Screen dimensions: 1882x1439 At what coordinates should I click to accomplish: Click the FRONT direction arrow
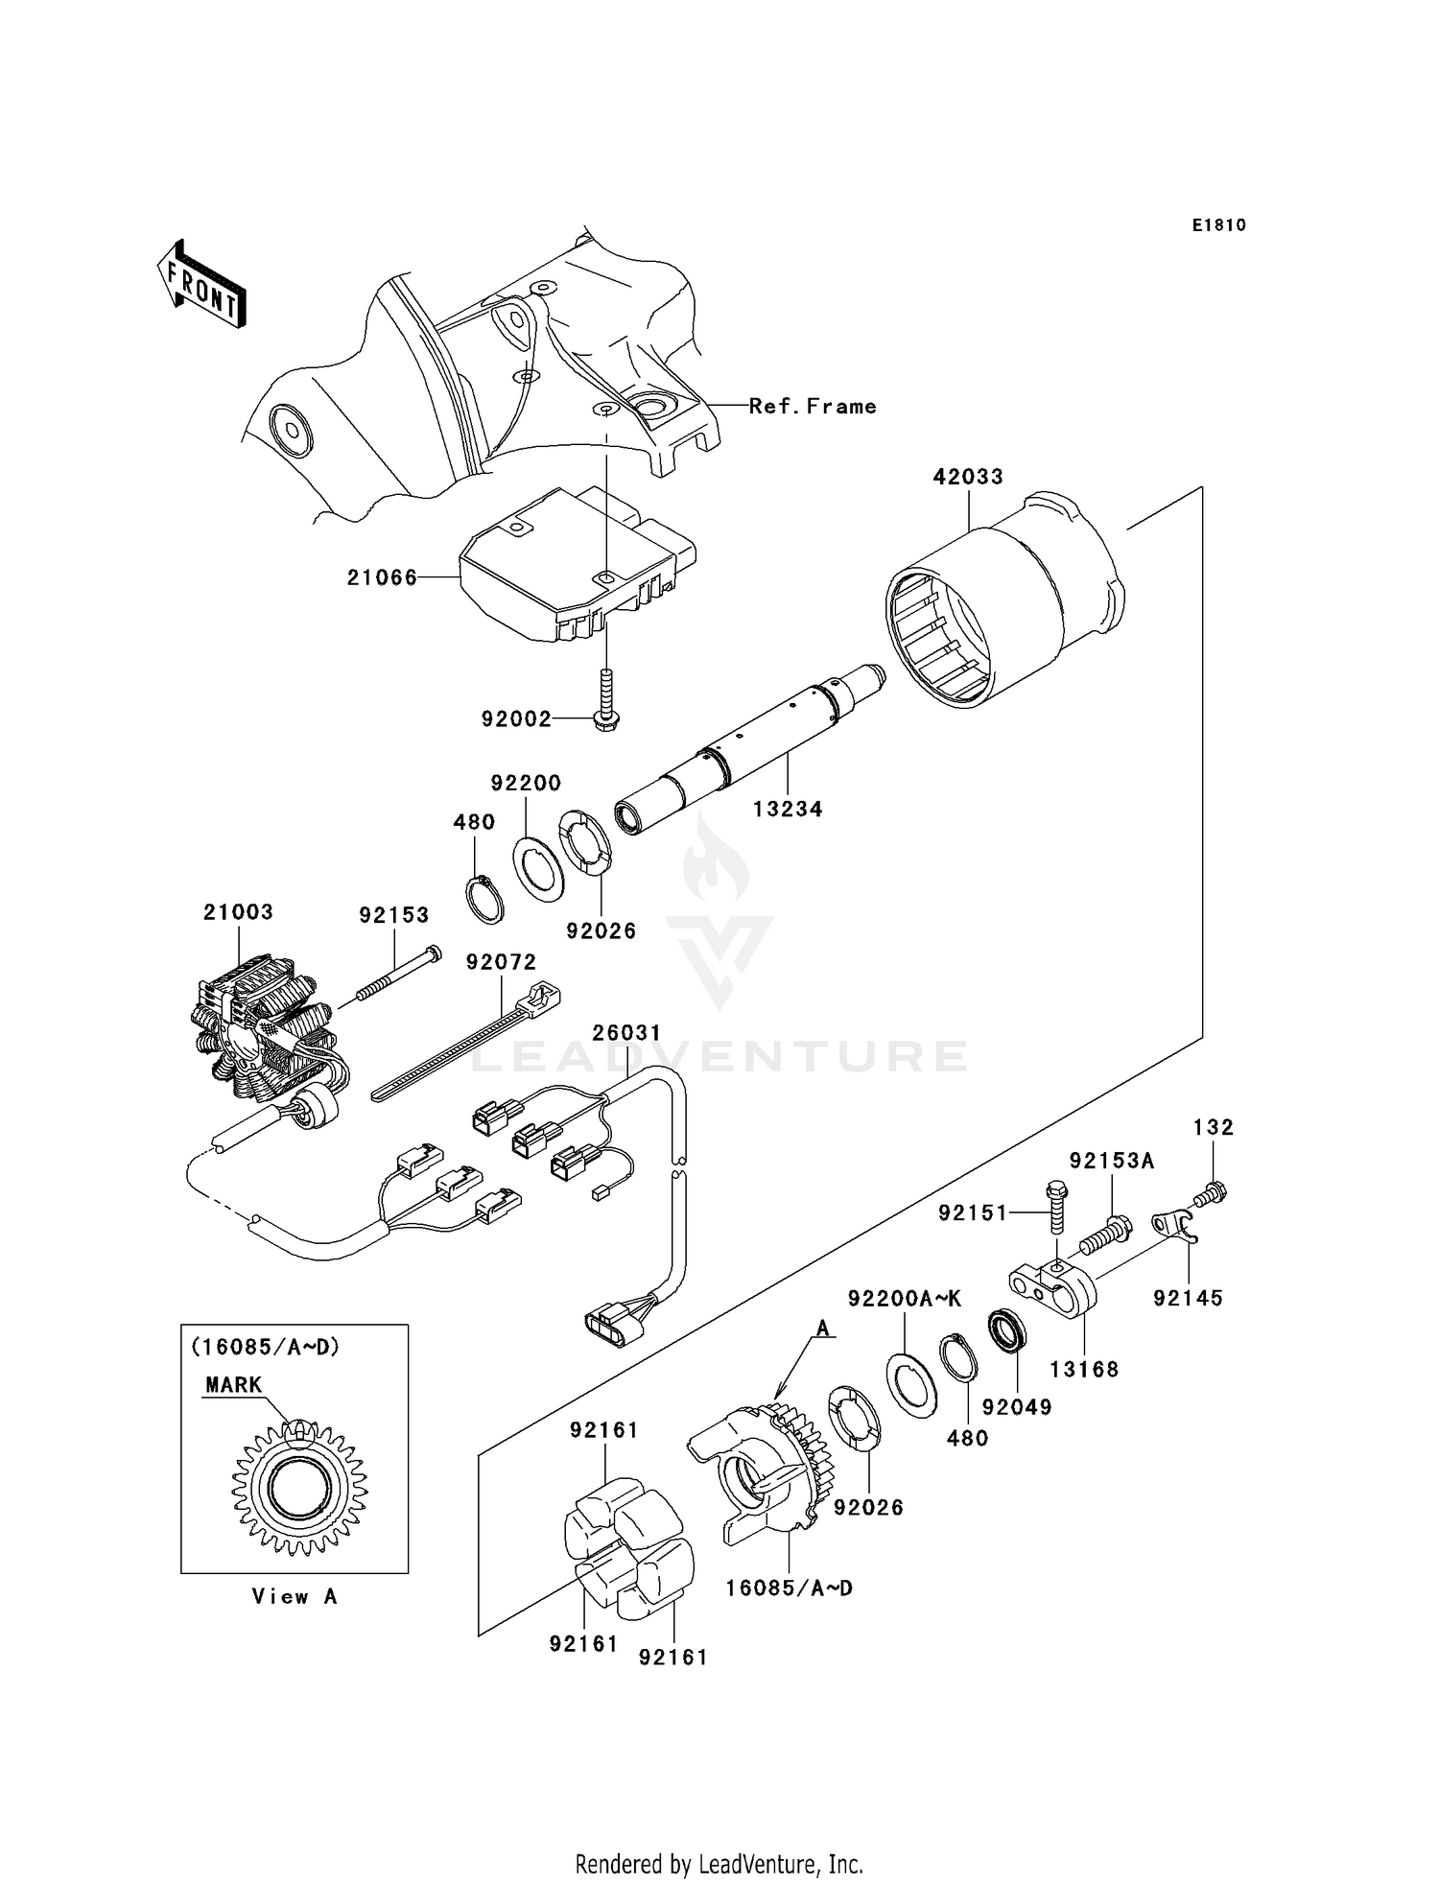pyautogui.click(x=202, y=285)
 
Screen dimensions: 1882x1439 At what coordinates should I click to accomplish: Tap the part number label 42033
pyautogui.click(x=968, y=476)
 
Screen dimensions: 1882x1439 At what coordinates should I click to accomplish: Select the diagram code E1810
pyautogui.click(x=1218, y=225)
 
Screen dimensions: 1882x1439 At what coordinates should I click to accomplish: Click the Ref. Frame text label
pyautogui.click(x=813, y=407)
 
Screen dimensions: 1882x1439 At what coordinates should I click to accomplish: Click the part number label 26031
pyautogui.click(x=625, y=1033)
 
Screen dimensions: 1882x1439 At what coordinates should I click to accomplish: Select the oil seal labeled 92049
pyautogui.click(x=1007, y=1330)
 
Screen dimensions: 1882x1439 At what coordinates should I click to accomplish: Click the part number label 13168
pyautogui.click(x=1084, y=1370)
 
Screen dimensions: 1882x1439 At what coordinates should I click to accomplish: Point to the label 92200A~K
pyautogui.click(x=904, y=1299)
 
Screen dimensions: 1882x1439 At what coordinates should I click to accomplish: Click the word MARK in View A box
pyautogui.click(x=233, y=1385)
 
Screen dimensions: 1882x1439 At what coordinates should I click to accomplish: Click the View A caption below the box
pyautogui.click(x=294, y=1597)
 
